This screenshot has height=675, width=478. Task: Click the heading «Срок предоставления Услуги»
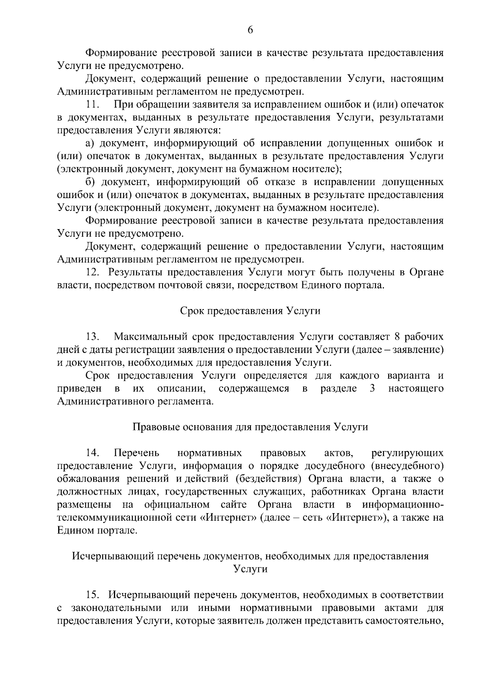250,311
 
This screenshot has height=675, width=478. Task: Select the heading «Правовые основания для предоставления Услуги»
250,427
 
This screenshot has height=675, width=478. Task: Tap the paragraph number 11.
93,105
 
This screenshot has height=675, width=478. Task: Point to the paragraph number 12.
93,272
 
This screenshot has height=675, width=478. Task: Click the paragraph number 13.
93,337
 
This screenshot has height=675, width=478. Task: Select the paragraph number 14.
93,453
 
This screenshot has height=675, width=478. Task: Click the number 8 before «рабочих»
397,337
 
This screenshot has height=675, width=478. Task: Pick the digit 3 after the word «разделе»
372,388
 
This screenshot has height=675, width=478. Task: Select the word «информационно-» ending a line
403,505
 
